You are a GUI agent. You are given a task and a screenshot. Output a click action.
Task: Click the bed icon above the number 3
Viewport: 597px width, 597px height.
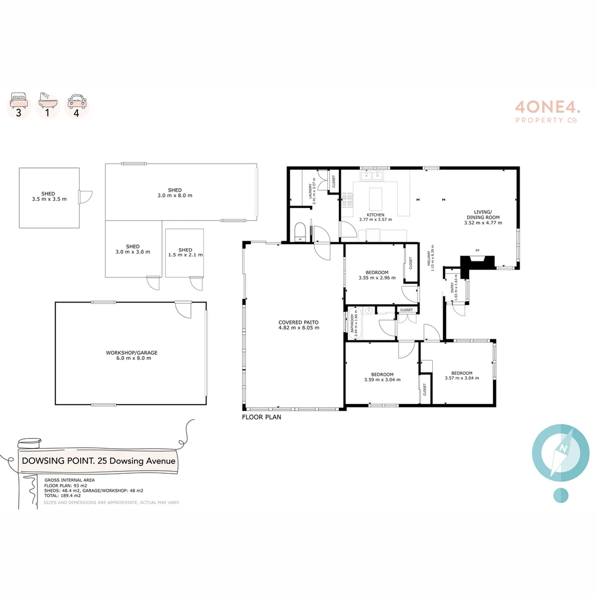[x=18, y=101]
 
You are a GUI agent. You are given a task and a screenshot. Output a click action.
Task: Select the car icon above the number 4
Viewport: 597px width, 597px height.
[x=76, y=101]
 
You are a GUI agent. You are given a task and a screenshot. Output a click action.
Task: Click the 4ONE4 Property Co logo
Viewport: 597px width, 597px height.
[x=547, y=111]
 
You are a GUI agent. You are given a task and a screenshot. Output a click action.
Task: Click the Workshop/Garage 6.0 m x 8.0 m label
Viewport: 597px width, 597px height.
[x=128, y=355]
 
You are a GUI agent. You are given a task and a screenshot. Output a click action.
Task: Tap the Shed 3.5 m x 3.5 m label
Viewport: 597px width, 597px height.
[x=49, y=196]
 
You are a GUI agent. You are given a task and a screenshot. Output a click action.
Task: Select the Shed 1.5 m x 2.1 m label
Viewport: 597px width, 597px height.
[x=185, y=252]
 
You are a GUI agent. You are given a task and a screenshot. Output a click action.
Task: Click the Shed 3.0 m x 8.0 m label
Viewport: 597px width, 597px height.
[x=175, y=193]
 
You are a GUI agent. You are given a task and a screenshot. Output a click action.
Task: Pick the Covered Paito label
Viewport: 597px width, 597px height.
[x=298, y=324]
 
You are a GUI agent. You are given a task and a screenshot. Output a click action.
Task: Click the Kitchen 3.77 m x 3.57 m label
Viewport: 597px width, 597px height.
[x=375, y=217]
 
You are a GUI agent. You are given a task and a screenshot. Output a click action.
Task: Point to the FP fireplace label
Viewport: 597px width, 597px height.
[x=477, y=251]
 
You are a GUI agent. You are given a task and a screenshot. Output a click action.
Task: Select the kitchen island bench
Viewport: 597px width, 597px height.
[x=375, y=197]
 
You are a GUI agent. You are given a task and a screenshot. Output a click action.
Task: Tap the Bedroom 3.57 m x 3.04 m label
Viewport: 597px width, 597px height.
[x=461, y=375]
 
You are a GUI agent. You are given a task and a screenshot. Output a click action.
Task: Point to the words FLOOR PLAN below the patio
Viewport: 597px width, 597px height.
[x=261, y=417]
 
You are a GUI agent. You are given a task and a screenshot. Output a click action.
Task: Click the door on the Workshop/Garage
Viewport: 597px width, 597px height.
[x=182, y=309]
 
